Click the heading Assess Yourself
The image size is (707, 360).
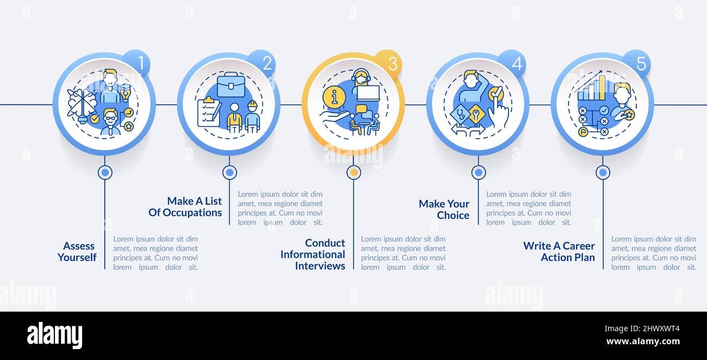point(77,252)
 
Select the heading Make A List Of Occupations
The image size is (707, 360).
point(185,207)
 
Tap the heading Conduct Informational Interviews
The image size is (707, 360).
point(313,254)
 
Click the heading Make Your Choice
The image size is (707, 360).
point(444,209)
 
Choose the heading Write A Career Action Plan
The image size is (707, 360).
point(559,251)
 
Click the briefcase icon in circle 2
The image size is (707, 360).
point(231,85)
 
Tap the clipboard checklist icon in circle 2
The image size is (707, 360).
point(208,112)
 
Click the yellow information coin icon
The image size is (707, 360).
point(334,97)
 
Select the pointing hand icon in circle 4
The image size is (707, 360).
point(498,113)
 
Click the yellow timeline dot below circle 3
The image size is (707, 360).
point(354,172)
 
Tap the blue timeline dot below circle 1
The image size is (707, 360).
point(105,172)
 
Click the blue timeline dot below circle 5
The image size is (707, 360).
point(603,172)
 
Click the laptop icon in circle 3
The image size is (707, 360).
point(368,93)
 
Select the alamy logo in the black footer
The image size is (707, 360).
point(54,335)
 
